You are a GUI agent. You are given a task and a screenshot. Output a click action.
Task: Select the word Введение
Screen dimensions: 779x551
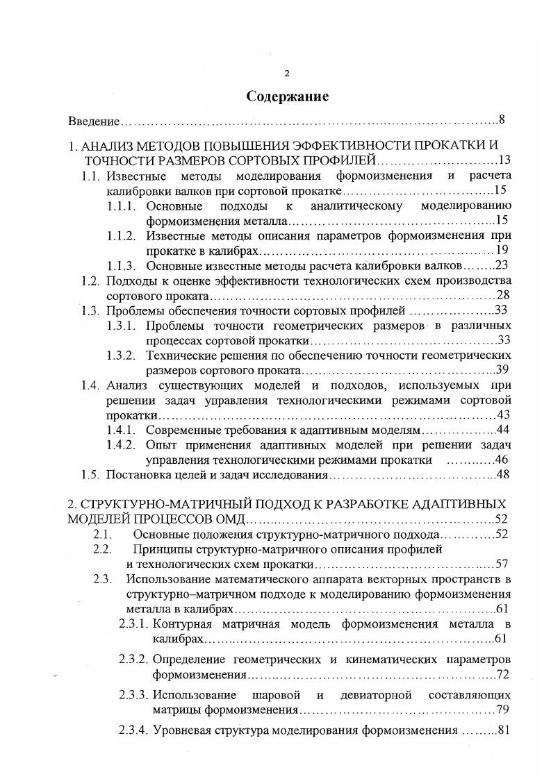(94, 122)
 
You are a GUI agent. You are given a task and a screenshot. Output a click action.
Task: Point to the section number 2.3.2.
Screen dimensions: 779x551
(133, 657)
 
